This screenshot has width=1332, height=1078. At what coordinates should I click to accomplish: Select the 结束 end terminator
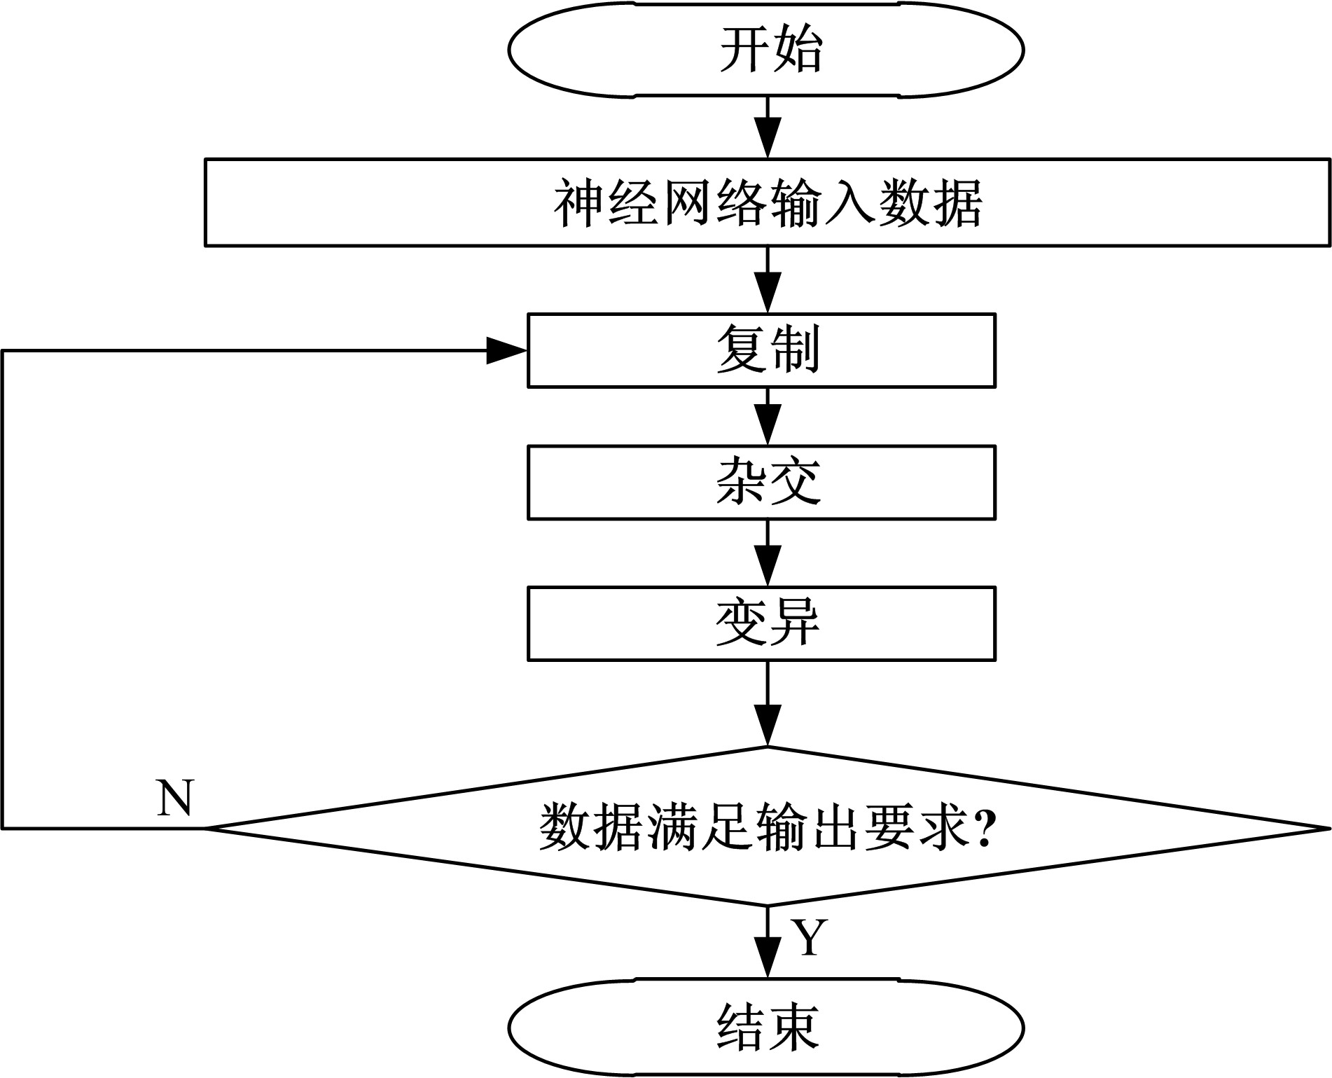point(767,1028)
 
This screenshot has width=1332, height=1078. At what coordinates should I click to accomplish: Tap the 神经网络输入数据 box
point(767,202)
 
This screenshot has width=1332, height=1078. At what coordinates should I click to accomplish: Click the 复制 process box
point(761,350)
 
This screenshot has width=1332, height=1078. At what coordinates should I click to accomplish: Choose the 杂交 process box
point(761,483)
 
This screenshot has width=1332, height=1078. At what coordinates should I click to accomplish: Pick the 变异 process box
point(761,623)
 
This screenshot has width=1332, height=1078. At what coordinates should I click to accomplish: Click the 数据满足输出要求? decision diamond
point(767,827)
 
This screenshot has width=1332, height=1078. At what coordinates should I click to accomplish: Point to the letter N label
point(174,798)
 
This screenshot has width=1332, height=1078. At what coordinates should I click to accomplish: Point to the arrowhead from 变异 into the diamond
point(768,728)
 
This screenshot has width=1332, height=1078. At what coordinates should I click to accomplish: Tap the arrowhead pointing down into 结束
point(768,960)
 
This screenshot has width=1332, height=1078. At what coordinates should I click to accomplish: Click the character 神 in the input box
point(579,203)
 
